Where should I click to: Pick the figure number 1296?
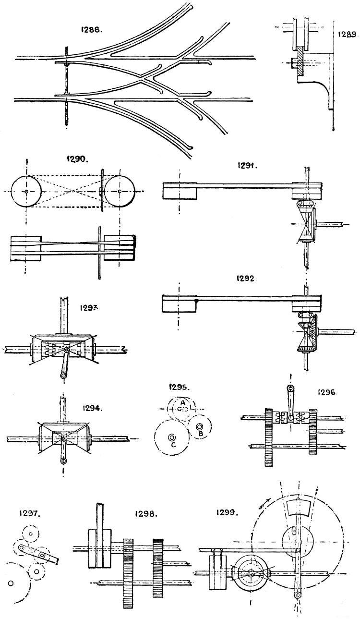[328, 391]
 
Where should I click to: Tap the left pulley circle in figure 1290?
[26, 191]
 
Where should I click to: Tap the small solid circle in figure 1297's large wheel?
[10, 583]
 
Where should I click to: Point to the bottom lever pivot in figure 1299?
[298, 595]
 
